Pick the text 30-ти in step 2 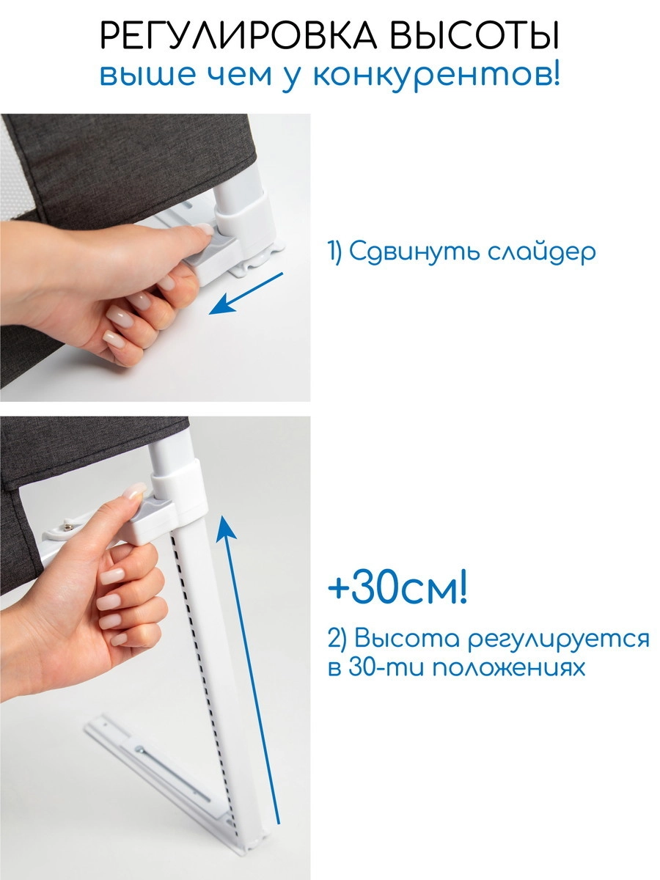pos(389,669)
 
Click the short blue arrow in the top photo pos(246,293)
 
